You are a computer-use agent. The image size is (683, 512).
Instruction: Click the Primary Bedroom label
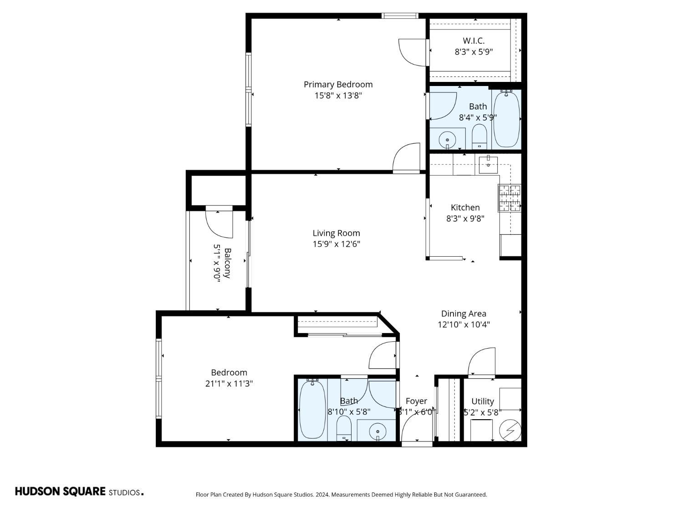point(338,84)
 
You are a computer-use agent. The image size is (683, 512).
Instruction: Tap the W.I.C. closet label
point(474,41)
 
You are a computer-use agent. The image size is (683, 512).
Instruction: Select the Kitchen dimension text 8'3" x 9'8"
point(465,218)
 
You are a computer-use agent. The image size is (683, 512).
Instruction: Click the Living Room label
point(336,233)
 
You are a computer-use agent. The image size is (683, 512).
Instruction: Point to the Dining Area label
point(464,314)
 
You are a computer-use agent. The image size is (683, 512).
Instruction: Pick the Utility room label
point(482,401)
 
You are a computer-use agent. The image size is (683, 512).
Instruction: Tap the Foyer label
point(416,401)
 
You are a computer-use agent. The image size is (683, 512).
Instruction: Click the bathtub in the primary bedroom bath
point(506,119)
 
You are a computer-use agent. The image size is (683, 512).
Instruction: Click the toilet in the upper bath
point(479,136)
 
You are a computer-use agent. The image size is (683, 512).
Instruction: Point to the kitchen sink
point(488,164)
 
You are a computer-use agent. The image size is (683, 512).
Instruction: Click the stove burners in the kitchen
point(510,198)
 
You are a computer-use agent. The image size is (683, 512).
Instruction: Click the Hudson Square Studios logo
point(79,492)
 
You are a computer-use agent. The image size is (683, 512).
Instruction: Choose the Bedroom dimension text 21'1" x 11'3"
point(229,384)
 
